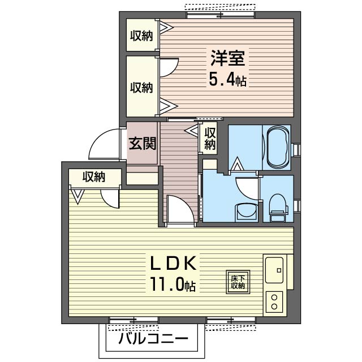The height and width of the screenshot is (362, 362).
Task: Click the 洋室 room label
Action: click(228, 59)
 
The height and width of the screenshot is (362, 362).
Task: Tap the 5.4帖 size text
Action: click(227, 79)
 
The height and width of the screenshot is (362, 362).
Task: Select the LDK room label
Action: click(173, 264)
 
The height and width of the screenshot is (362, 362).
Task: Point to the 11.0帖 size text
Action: click(173, 285)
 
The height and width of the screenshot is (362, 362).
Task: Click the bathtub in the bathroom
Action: click(277, 148)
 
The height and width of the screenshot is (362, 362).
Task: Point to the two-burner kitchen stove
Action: click(274, 301)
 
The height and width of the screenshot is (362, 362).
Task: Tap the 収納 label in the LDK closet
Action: click(94, 176)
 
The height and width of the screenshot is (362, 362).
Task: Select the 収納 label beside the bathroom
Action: click(210, 139)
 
